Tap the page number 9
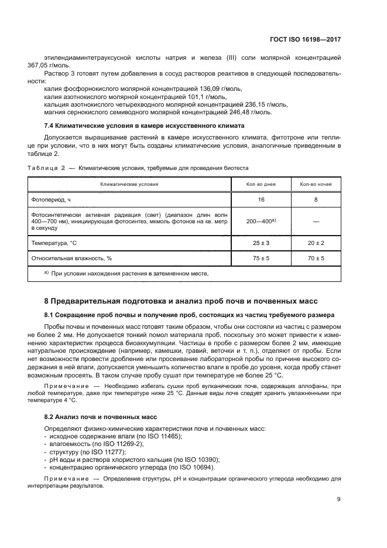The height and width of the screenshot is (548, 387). click(339, 499)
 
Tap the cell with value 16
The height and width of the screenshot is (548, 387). click(261, 200)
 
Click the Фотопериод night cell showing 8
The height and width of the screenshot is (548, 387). click(316, 200)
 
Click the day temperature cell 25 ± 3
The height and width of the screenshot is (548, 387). click(261, 243)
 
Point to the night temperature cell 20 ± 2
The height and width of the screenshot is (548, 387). click(316, 243)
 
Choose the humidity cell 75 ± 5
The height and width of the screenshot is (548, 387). click(261, 258)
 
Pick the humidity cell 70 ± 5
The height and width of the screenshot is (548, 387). click(316, 258)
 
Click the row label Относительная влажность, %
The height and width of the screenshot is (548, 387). click(71, 258)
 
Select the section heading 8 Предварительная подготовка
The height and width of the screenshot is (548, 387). click(183, 301)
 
